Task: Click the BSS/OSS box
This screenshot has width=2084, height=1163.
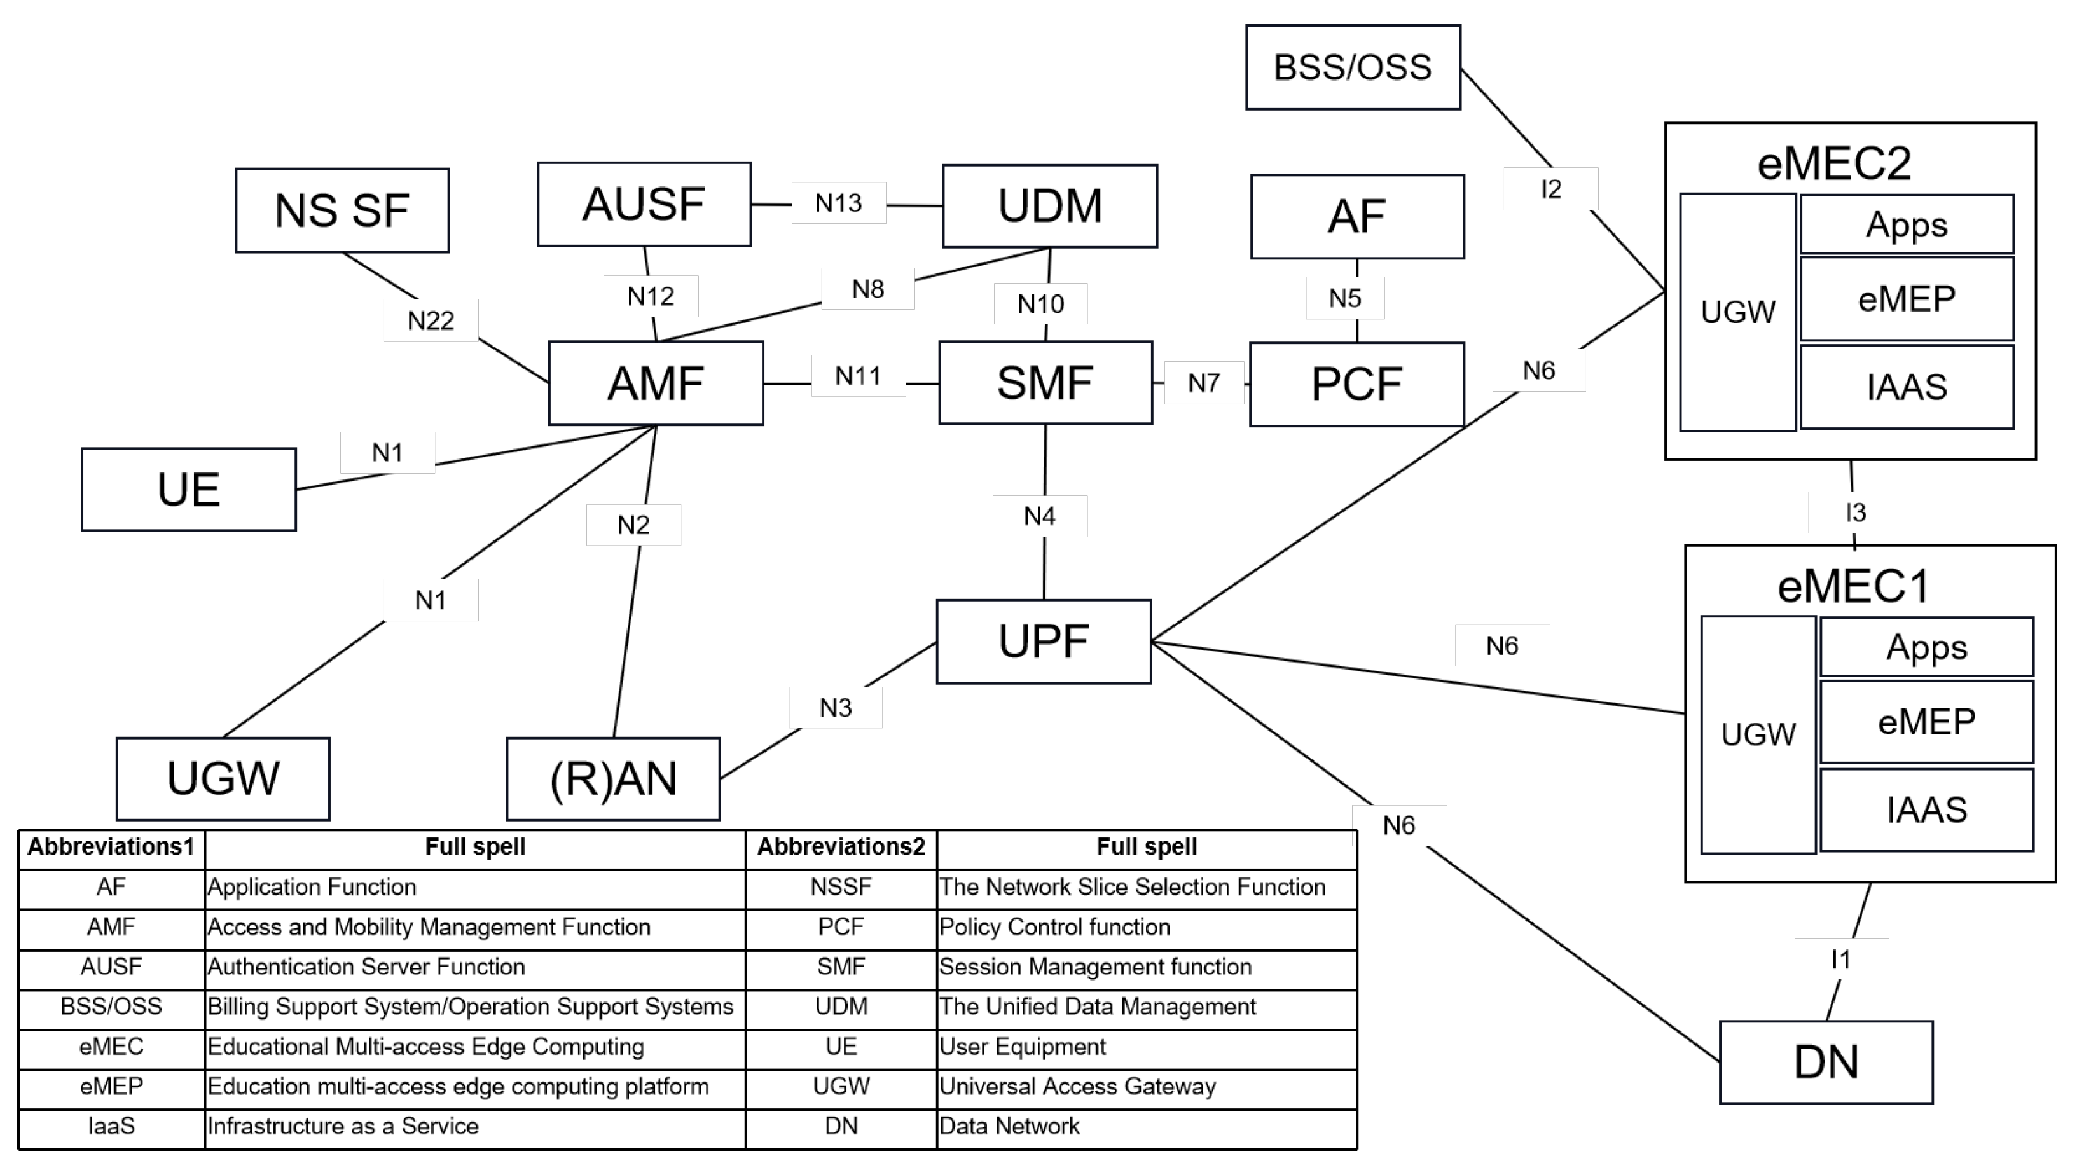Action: tap(1353, 67)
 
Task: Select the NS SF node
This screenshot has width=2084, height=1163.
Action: tap(342, 210)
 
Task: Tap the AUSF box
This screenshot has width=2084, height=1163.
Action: tap(644, 204)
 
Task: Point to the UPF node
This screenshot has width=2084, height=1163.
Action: tap(1044, 642)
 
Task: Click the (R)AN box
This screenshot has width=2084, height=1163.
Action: tap(613, 778)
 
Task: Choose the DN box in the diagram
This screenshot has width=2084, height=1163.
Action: tap(1826, 1062)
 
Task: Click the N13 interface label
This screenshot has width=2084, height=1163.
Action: tap(838, 203)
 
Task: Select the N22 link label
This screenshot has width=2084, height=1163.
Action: tap(431, 320)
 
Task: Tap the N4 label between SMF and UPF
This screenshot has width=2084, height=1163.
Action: tap(1040, 516)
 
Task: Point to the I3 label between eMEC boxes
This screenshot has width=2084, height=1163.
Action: tap(1855, 512)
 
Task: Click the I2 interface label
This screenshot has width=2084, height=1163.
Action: tap(1551, 188)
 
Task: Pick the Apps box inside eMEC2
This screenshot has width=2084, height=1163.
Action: tap(1907, 224)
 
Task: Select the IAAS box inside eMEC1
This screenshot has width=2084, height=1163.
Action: tap(1926, 809)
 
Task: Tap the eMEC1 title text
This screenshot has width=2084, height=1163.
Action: tap(1853, 586)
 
